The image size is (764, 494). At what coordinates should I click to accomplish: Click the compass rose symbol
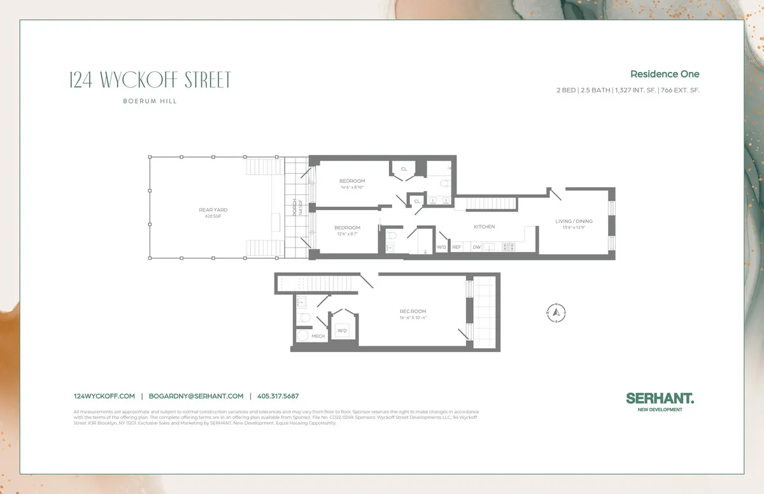coord(556,312)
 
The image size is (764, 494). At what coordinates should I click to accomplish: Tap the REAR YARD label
coord(213,209)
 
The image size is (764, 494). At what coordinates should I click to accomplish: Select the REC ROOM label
coord(413,311)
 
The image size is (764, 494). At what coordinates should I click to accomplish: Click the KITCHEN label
coord(484,227)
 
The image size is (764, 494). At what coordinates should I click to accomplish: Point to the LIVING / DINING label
coord(574,222)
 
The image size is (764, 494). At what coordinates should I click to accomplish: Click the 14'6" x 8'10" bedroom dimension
coord(352,187)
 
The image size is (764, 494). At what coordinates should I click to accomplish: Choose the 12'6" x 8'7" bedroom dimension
coord(347,234)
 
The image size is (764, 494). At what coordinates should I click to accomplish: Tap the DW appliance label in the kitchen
coord(476,247)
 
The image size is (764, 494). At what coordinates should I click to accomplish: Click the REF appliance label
coord(456,247)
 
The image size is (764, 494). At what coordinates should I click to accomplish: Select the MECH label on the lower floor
coord(318,335)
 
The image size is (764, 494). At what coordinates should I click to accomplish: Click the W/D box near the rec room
coord(342,330)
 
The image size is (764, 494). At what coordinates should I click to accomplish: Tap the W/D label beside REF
coord(441,247)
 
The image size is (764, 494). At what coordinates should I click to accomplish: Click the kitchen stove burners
coord(509,246)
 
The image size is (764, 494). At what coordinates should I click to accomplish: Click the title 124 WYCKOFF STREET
coord(150,81)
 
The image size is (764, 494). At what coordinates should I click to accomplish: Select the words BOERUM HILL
coord(150,101)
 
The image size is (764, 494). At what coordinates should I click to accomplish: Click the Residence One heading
coord(665,74)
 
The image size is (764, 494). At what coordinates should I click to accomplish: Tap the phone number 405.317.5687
coord(278,396)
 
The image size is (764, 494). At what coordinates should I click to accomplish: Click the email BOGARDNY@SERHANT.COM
coord(196,396)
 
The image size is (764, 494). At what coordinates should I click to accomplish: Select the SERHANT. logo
coord(660,398)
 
